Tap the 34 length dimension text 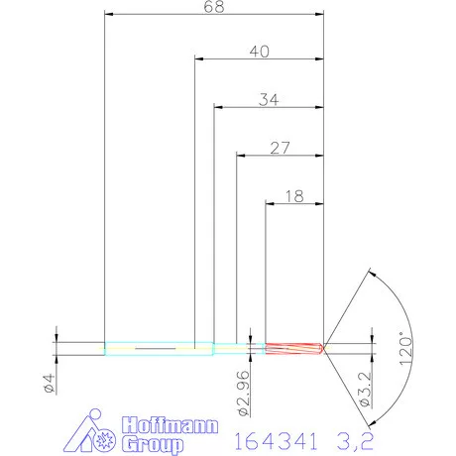tap(269, 99)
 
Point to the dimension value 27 tap(279, 148)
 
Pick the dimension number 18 tap(294, 196)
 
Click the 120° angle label tap(403, 349)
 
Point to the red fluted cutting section tap(294, 348)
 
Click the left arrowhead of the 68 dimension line tap(109, 15)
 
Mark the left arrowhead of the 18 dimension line tap(271, 204)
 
